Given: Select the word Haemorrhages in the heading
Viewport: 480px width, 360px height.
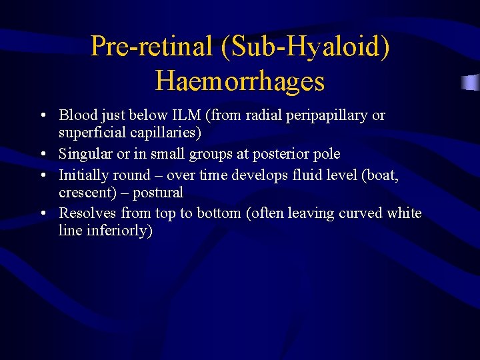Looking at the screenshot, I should point(240,81).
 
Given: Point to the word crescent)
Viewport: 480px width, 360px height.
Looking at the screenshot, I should point(87,193).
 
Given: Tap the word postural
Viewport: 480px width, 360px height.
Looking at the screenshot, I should point(157,193).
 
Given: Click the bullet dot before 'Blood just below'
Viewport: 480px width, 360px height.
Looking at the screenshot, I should point(42,116).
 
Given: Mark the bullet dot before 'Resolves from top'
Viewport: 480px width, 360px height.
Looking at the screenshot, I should point(42,214).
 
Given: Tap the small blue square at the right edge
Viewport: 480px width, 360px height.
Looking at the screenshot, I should point(471,83).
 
